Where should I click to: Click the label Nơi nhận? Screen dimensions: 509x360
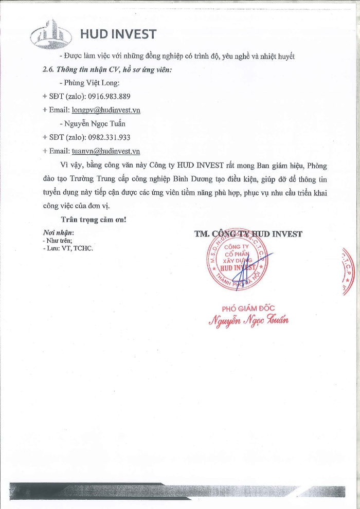coord(58,232)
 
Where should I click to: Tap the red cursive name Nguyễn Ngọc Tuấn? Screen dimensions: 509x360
coord(248,320)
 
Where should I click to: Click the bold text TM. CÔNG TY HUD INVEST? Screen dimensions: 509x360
coord(248,234)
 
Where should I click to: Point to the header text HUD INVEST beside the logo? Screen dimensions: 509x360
coord(118,34)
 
